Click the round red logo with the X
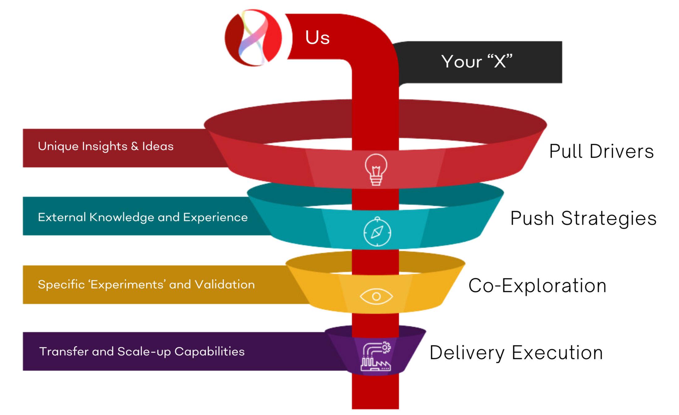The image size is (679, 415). (x=253, y=37)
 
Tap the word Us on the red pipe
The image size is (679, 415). (x=317, y=37)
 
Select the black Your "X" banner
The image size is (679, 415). (x=477, y=62)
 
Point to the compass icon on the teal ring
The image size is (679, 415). (x=377, y=232)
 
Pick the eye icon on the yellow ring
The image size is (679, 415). (x=376, y=296)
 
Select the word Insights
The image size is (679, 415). (x=104, y=146)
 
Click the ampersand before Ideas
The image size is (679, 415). (x=135, y=146)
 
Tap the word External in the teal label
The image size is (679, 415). (x=62, y=217)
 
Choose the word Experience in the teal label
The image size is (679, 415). (x=215, y=217)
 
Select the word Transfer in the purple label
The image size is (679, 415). (x=64, y=352)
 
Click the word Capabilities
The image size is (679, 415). (x=209, y=352)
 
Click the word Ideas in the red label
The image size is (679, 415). (x=158, y=146)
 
